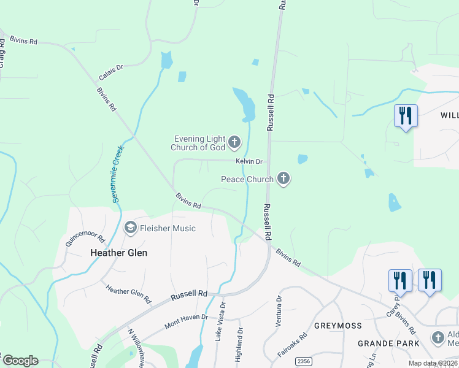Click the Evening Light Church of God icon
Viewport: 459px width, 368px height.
(234, 143)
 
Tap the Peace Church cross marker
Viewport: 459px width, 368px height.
(283, 179)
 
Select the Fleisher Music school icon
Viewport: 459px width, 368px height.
(130, 228)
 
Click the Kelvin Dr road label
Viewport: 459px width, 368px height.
(249, 161)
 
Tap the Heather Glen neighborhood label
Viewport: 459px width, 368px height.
(118, 252)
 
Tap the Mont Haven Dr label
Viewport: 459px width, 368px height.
(186, 320)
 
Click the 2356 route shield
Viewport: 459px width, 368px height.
(302, 362)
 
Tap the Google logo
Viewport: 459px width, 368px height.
(20, 361)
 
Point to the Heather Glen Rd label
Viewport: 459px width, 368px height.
(128, 294)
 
